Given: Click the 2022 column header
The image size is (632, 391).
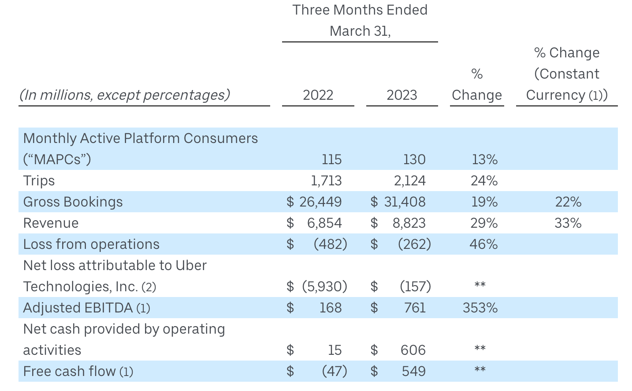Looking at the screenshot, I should (x=318, y=95).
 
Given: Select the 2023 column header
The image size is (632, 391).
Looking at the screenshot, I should (x=402, y=95).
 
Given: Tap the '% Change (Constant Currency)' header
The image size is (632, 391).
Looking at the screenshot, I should (x=567, y=74).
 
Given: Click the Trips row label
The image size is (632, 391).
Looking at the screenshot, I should (x=39, y=181).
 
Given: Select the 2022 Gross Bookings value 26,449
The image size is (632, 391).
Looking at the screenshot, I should (x=320, y=202).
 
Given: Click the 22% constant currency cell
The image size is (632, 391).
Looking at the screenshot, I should (x=568, y=202).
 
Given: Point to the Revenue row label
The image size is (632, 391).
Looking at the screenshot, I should (x=51, y=223).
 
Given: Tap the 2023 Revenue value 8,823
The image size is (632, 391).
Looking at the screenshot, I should (x=409, y=223).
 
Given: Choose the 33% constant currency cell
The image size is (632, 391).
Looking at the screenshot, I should (x=568, y=223).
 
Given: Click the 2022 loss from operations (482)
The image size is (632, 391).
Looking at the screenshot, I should (x=330, y=244).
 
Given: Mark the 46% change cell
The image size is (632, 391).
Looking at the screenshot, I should (x=483, y=244).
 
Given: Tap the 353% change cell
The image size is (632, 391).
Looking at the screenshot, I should (x=480, y=308).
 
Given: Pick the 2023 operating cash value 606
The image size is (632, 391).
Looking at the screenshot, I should (x=413, y=350).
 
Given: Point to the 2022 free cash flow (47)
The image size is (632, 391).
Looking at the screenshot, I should (x=334, y=372).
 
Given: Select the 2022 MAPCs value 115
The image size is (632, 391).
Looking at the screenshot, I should (x=331, y=160).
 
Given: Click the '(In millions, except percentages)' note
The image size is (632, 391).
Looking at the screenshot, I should (x=125, y=95).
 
